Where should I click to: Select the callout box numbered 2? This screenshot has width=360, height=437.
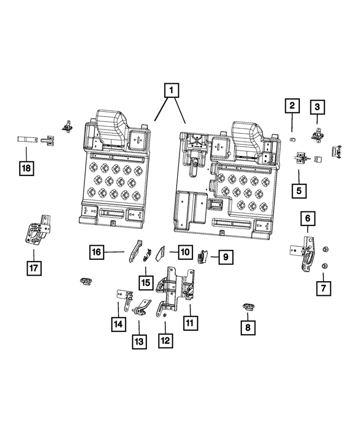291,105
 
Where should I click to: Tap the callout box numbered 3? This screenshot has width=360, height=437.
317,106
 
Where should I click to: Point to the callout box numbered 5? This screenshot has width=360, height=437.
299,190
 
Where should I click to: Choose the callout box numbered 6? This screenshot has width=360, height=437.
308,217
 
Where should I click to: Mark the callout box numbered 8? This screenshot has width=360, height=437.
247,326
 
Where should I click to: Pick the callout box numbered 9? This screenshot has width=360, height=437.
224,257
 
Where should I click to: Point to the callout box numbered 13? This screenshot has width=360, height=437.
139,340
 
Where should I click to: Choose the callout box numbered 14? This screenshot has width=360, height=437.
119,324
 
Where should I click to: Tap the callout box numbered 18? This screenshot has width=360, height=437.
26,167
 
